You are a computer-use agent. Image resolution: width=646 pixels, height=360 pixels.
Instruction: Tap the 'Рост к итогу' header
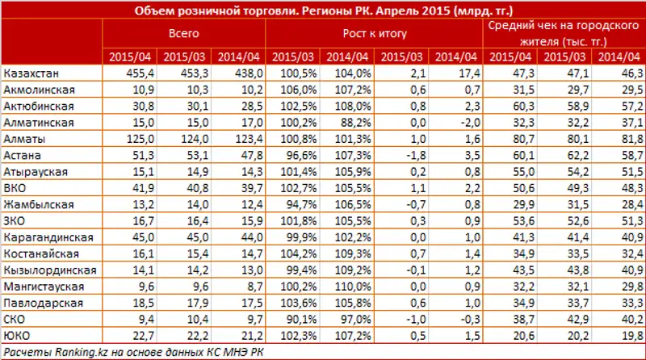[375, 35]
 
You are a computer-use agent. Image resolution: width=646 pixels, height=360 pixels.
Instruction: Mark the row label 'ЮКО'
[17, 335]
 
